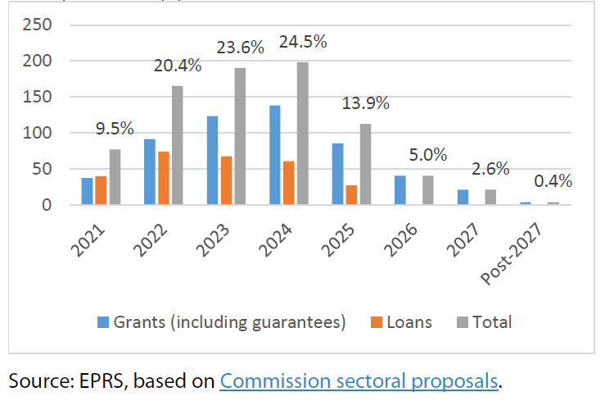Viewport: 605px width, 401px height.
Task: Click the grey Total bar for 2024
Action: (x=303, y=133)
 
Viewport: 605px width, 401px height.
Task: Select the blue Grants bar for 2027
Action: (x=463, y=197)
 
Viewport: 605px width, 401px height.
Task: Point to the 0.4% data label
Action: (x=553, y=180)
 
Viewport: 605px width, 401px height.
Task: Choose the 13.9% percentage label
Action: (x=365, y=103)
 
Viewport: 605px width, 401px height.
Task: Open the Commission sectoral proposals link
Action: (x=358, y=380)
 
